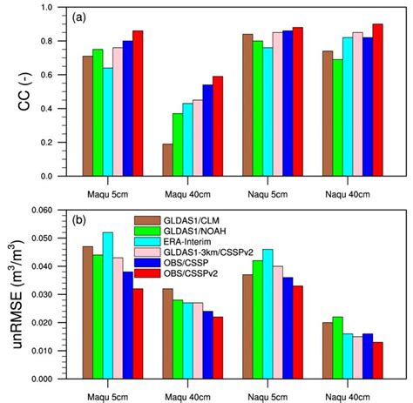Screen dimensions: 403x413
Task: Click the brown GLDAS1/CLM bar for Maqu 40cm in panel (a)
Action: (x=167, y=160)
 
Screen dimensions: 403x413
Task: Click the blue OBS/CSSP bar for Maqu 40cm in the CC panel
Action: (x=207, y=131)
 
